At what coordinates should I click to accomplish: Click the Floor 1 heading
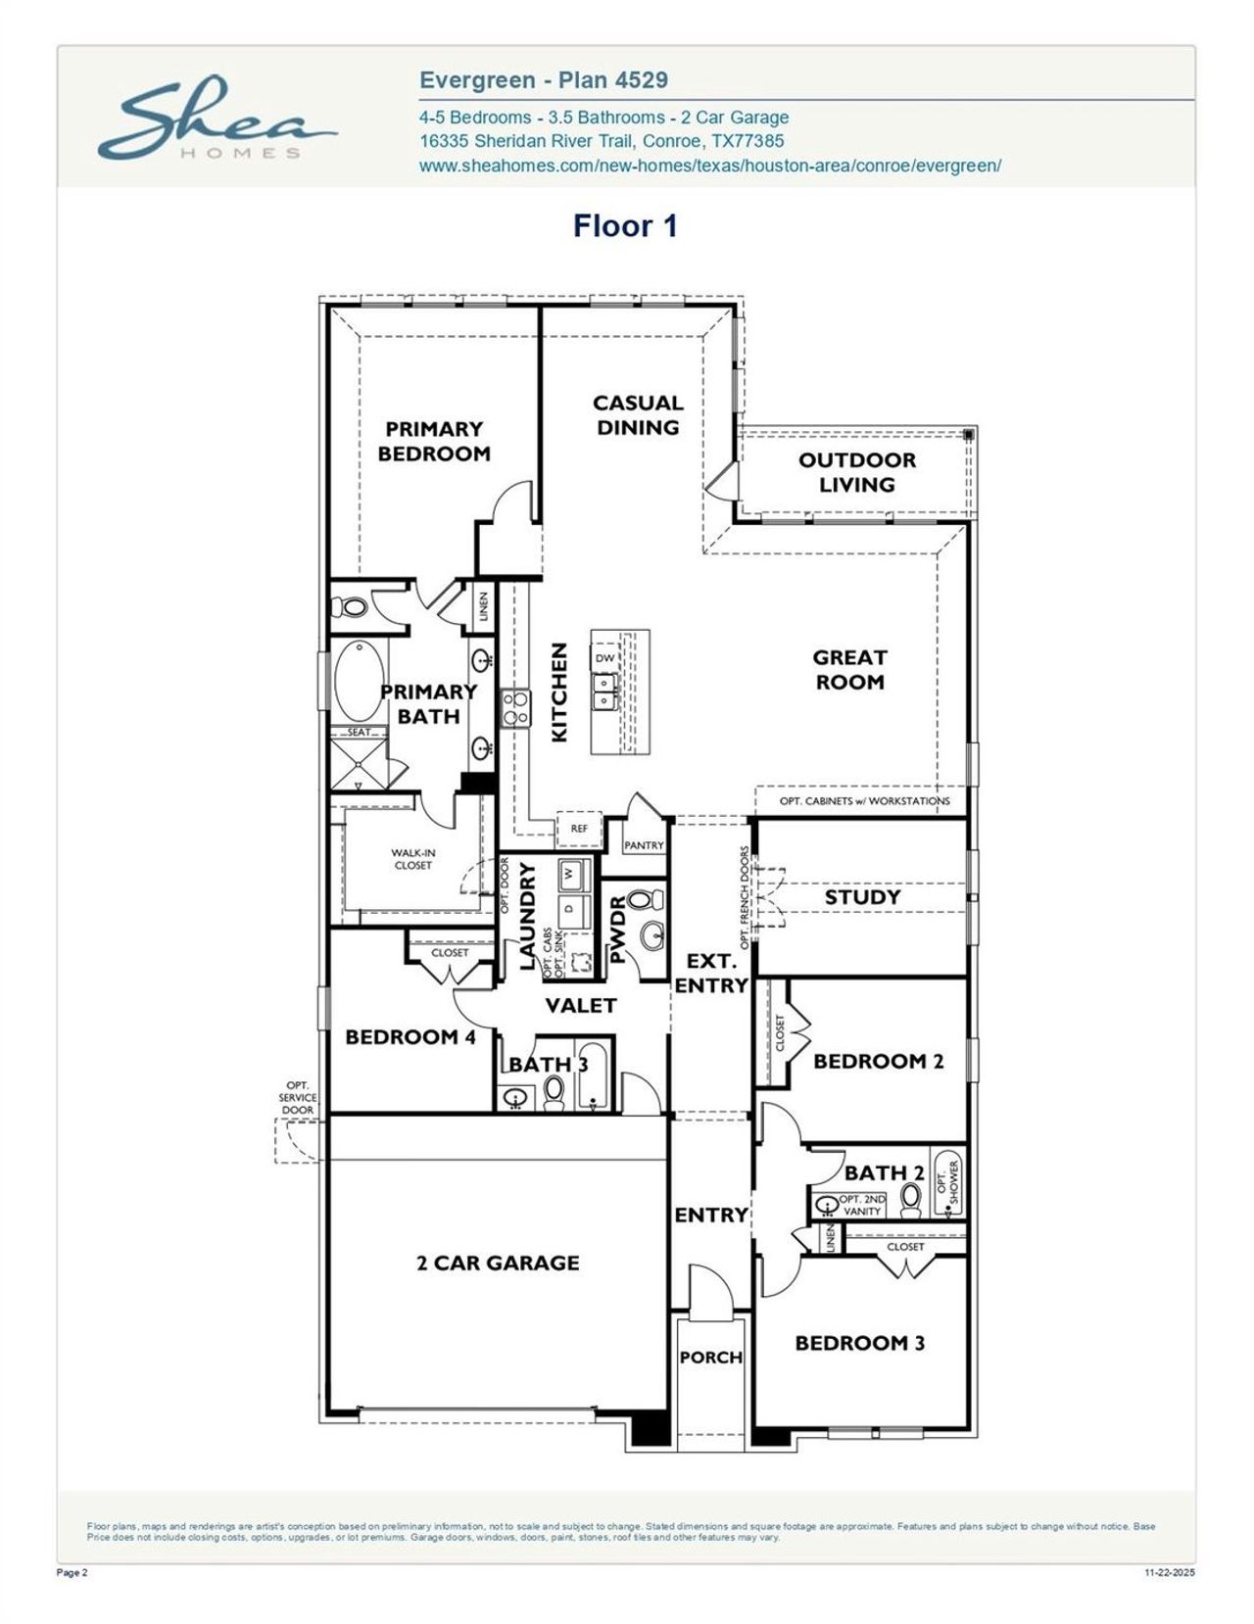click(625, 226)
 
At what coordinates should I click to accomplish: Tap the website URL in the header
click(709, 166)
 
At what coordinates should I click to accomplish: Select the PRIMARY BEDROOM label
click(433, 441)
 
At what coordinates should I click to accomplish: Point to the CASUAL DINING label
click(638, 414)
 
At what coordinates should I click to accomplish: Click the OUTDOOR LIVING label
click(857, 472)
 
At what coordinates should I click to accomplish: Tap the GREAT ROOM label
click(849, 670)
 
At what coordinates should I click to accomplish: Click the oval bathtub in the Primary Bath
click(358, 681)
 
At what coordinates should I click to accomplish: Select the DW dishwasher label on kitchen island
click(605, 658)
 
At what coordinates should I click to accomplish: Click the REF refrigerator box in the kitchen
click(579, 829)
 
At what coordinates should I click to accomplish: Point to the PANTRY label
click(644, 845)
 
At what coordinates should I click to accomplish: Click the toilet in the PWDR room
click(640, 900)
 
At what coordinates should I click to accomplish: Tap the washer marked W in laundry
click(572, 871)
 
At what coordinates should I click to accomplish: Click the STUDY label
click(862, 896)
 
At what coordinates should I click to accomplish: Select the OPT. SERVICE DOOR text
click(298, 1097)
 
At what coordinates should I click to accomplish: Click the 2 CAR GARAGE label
click(498, 1263)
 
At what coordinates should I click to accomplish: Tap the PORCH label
click(711, 1357)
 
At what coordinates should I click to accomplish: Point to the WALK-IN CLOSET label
click(413, 859)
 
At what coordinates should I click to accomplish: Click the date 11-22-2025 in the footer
click(1170, 1573)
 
